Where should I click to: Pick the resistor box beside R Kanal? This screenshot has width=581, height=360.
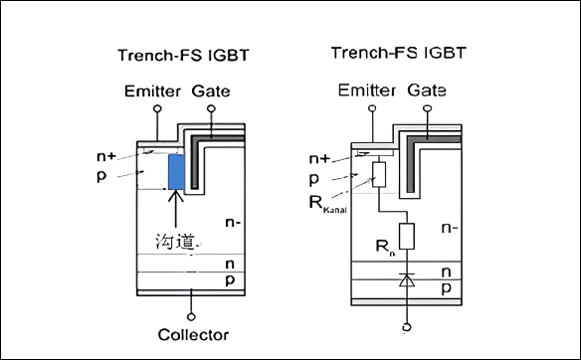[379, 175]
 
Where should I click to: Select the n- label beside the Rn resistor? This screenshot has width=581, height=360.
[449, 228]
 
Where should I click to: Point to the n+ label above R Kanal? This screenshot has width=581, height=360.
[319, 157]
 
